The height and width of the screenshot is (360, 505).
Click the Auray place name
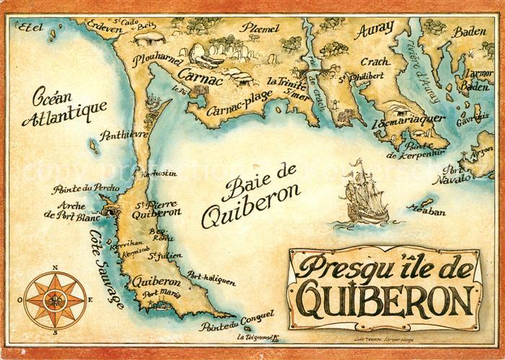click(x=374, y=30)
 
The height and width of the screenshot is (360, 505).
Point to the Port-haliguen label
click(x=211, y=278)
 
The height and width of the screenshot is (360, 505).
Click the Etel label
click(x=30, y=28)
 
